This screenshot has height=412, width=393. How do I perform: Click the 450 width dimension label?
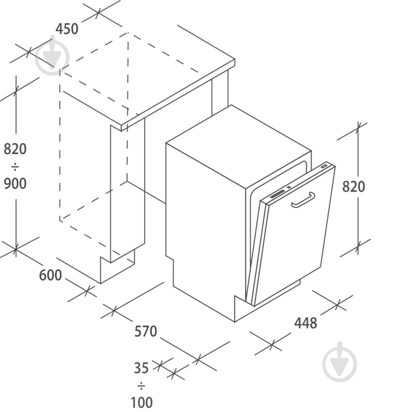67,29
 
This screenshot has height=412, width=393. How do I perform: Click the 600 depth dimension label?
50,276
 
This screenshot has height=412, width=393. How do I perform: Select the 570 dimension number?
145,331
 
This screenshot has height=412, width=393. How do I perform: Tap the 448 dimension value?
305,323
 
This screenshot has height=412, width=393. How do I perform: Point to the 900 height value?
15,184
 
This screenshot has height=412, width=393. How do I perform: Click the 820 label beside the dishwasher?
354,187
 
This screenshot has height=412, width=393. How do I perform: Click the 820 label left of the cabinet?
15,149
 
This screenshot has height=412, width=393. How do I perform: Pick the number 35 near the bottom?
141,368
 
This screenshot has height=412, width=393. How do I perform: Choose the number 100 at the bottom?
141,402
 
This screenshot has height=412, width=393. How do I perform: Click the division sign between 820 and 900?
15,167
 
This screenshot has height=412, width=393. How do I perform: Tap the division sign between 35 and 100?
141,386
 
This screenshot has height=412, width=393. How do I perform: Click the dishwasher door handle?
303,201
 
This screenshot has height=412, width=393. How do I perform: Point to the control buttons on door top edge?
277,194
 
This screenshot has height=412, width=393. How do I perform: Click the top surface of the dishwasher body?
239,147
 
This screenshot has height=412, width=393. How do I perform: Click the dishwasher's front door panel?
294,236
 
